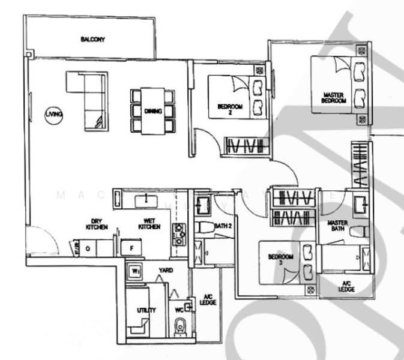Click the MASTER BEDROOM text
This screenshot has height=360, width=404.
(x=334, y=98)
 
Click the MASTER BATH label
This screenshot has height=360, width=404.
(x=338, y=226)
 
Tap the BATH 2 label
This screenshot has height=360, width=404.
(x=223, y=226)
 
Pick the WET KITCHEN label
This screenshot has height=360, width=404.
(x=148, y=223)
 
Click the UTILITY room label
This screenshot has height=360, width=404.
(x=146, y=310)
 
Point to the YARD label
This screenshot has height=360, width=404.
(x=165, y=271)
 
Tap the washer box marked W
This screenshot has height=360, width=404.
(x=136, y=271)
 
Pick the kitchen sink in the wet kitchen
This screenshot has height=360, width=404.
(x=145, y=199)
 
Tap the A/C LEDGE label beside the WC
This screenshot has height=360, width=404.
(x=209, y=299)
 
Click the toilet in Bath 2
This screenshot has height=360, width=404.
(x=202, y=228)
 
